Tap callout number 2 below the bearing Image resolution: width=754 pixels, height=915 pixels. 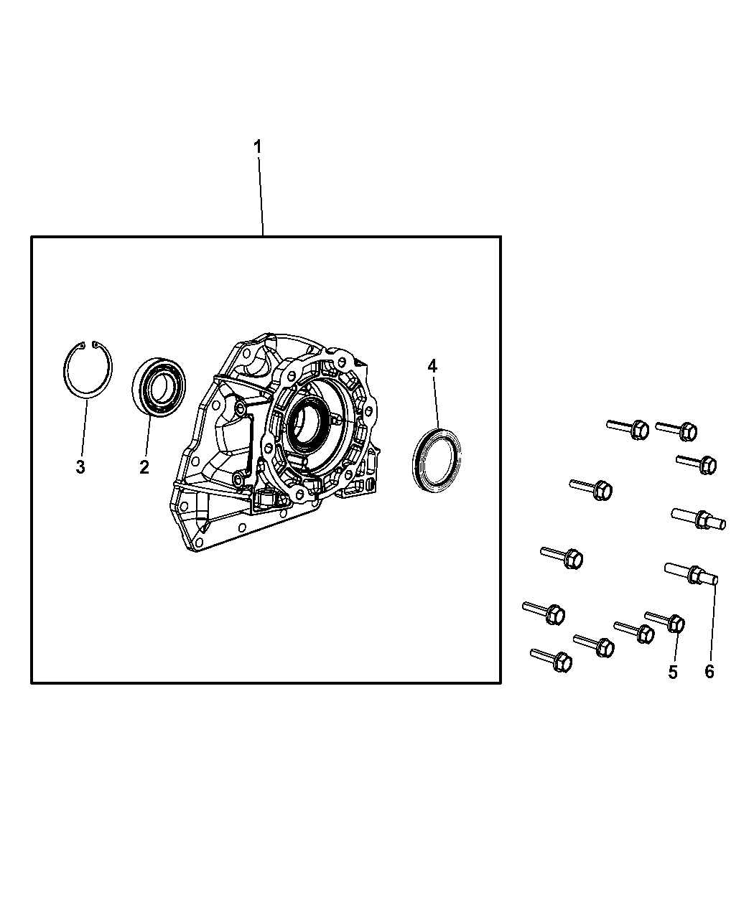144,467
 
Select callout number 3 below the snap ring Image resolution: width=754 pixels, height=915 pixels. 80,467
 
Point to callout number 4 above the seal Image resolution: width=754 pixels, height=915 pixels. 432,367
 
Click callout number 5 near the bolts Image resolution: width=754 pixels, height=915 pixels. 673,672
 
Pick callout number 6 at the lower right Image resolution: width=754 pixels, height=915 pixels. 709,672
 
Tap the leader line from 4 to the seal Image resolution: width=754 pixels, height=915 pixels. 434,402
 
